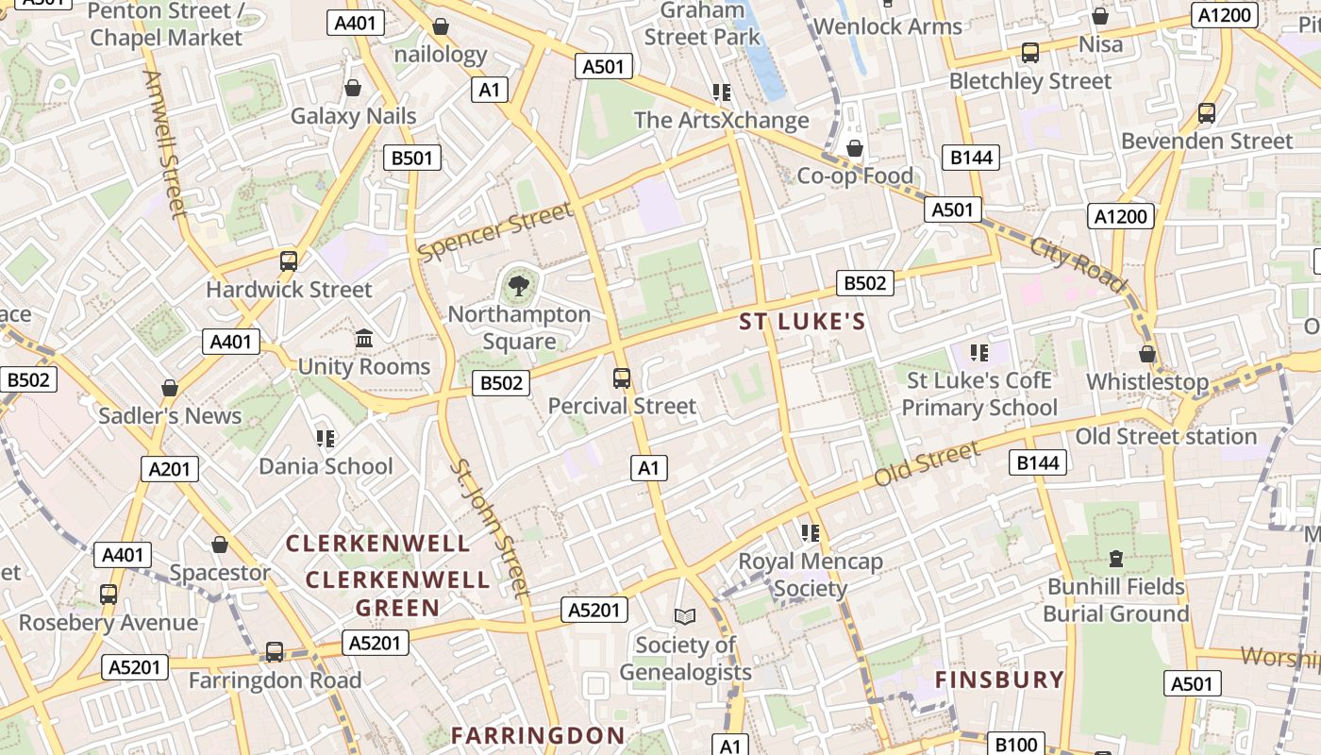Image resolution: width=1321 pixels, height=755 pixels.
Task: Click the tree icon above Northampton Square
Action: click(517, 283)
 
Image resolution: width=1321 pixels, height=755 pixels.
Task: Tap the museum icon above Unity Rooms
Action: click(364, 338)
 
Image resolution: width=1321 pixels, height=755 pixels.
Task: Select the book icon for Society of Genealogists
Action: click(685, 616)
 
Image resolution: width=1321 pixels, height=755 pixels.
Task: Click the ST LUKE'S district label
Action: click(802, 322)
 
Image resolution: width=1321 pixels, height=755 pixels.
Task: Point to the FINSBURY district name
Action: click(999, 679)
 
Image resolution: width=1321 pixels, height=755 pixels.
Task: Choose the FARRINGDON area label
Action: click(538, 735)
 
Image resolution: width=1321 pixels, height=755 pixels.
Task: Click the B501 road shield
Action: click(412, 158)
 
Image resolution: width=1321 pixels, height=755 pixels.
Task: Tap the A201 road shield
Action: click(171, 469)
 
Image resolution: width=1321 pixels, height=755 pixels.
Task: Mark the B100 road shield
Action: click(1016, 745)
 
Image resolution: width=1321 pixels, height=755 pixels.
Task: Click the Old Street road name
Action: click(928, 464)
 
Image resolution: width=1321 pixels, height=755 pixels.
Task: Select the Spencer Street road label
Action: click(495, 232)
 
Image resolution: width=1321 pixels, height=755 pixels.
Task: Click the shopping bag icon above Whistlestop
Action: click(1147, 354)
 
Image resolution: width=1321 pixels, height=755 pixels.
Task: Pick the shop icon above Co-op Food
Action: click(855, 148)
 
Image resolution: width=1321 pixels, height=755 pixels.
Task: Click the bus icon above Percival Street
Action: click(622, 378)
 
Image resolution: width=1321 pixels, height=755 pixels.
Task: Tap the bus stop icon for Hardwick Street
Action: click(289, 261)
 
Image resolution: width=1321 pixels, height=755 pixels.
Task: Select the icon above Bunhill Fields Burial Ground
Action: click(1116, 559)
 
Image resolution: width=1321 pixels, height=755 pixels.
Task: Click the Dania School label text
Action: click(326, 466)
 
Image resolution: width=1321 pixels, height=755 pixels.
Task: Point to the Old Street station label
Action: click(1166, 437)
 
